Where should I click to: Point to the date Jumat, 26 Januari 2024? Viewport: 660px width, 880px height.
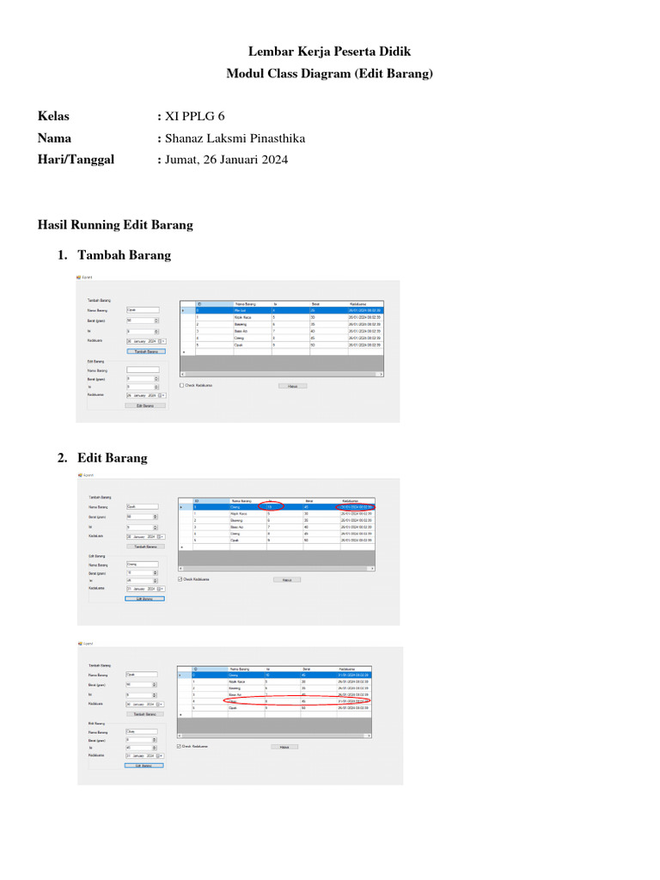226,160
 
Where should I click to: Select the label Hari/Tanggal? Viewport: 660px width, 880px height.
76,160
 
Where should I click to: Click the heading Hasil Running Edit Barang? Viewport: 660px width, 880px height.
115,225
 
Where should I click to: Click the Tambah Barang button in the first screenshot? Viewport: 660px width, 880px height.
144,351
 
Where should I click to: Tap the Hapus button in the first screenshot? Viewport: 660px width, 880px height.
292,386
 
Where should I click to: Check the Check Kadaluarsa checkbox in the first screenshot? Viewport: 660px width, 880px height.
181,385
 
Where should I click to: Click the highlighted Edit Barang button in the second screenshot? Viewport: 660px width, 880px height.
144,599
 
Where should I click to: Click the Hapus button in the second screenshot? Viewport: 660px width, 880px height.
287,580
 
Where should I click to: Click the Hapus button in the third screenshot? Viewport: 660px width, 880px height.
284,747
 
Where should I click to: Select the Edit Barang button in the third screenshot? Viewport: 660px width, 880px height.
144,766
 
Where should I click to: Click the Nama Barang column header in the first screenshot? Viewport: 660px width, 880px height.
245,303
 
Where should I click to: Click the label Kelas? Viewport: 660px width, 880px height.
54,116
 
